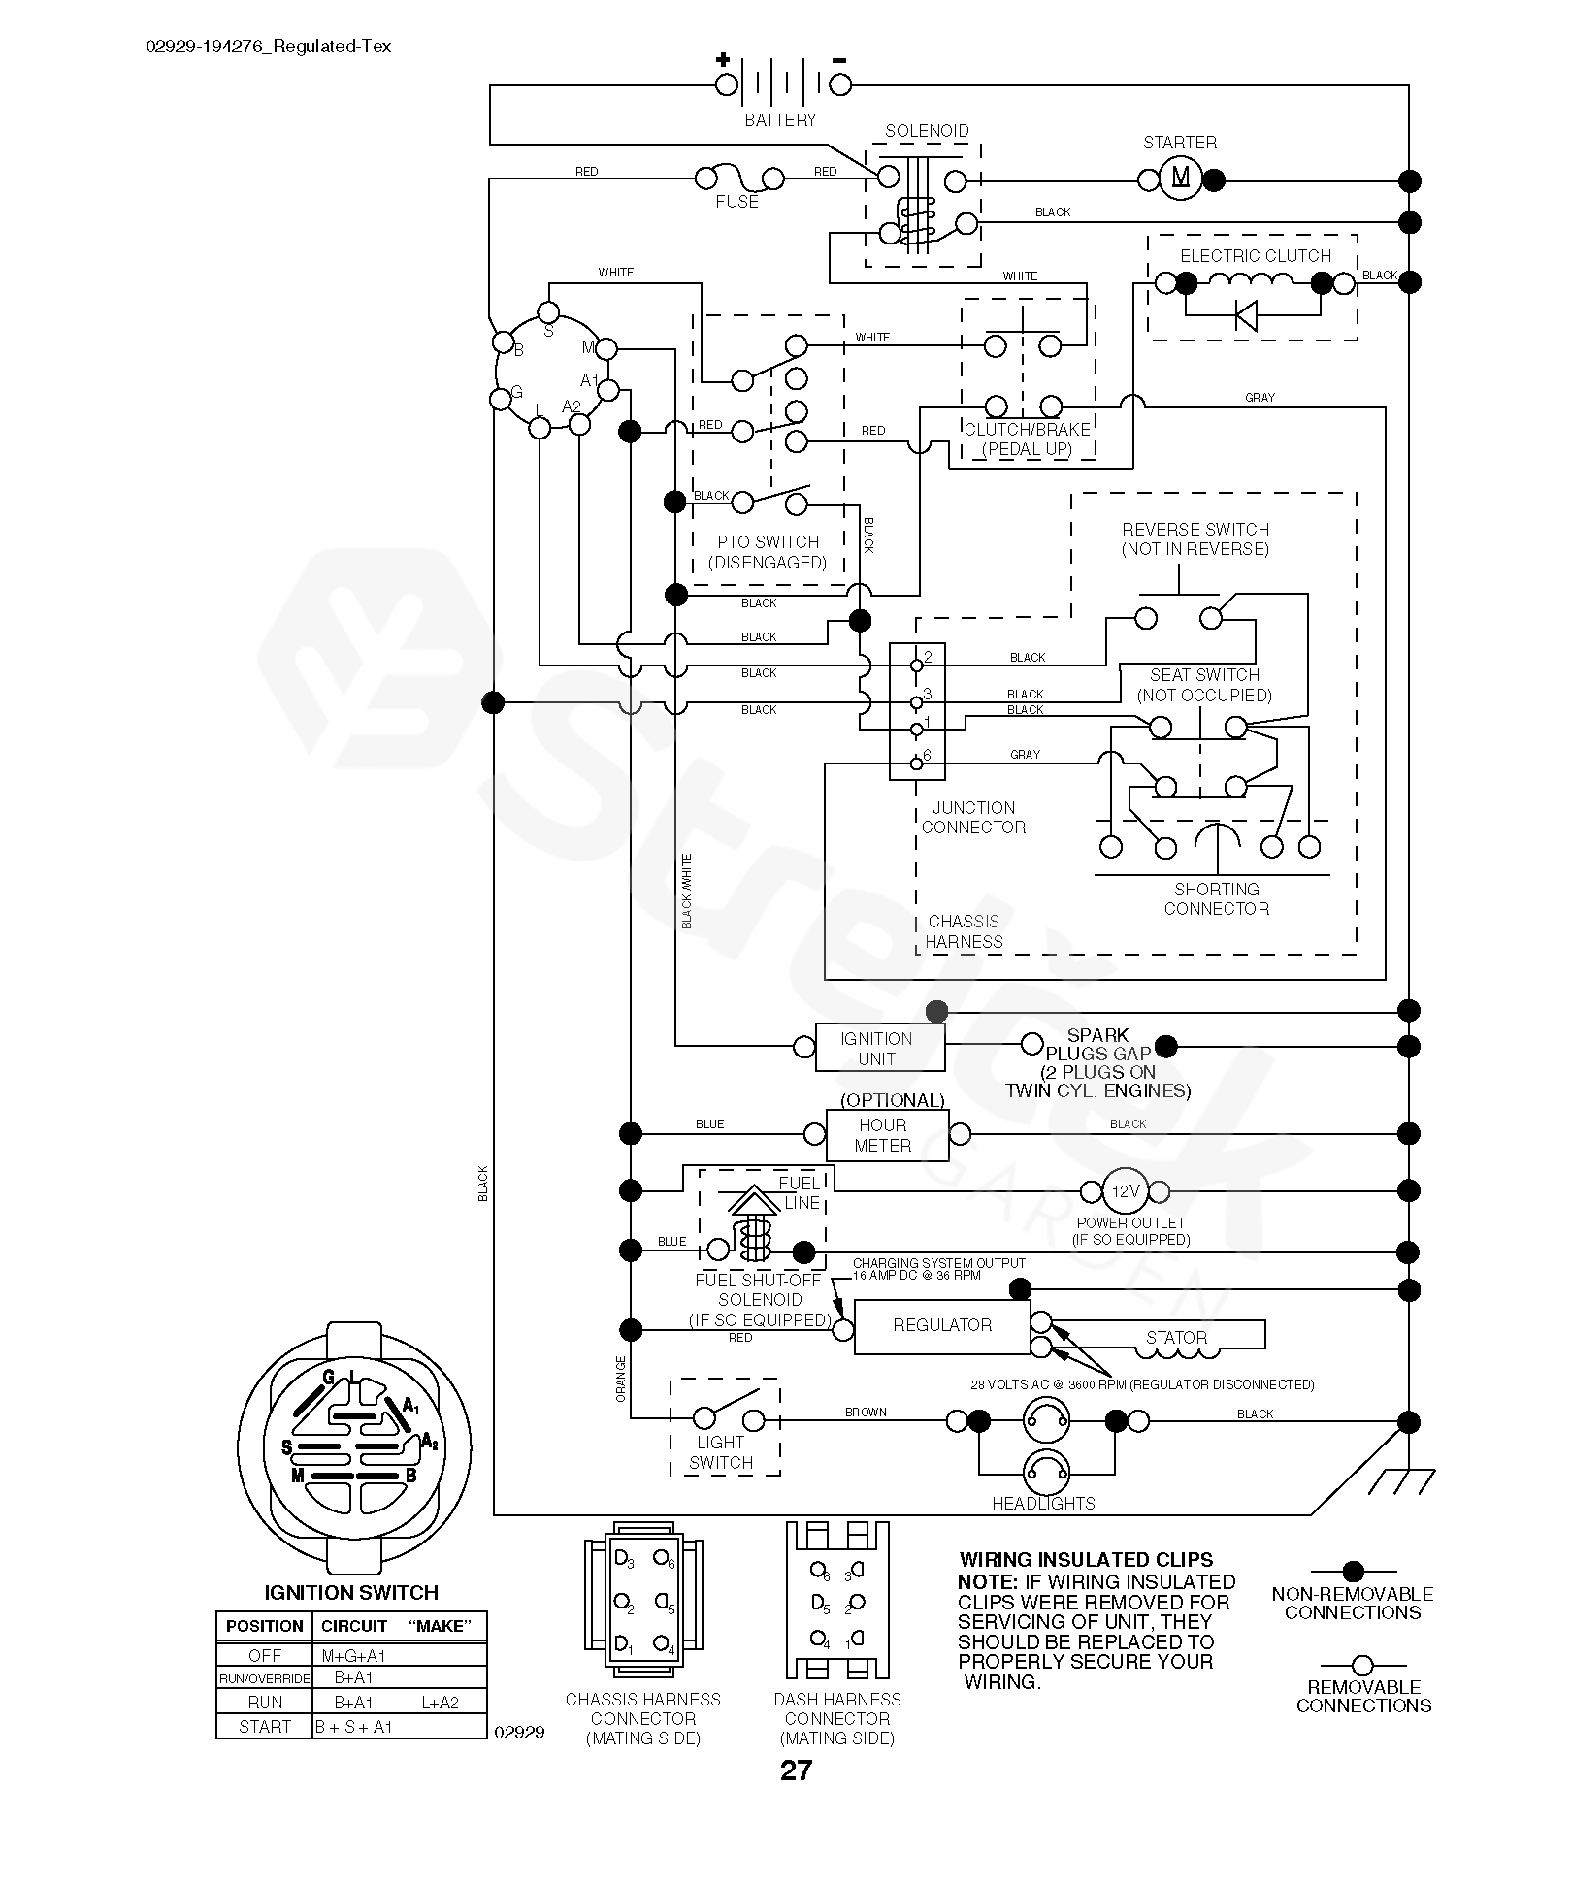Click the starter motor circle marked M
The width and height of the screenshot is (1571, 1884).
[1180, 179]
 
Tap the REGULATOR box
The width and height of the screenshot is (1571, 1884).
[941, 1325]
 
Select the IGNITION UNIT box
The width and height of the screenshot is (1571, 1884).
[878, 1048]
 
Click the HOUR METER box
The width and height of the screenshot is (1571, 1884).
[885, 1135]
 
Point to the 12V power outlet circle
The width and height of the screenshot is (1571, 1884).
[1126, 1190]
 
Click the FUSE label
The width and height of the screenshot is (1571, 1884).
[736, 202]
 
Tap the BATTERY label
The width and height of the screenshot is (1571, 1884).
[780, 120]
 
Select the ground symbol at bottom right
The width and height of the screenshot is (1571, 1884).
[1402, 1479]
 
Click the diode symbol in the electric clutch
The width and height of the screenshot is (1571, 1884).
[1245, 314]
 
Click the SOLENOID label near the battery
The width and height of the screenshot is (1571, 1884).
[927, 131]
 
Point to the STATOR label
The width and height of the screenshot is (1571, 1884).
[1176, 1338]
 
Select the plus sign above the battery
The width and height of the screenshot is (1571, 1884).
[723, 59]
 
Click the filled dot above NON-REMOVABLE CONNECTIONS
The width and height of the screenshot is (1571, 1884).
[1353, 1571]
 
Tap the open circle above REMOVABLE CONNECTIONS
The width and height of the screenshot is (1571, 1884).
[1362, 1665]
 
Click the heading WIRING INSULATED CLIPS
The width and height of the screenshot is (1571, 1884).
[1086, 1559]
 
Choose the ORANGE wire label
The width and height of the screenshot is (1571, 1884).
[621, 1379]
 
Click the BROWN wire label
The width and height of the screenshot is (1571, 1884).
[866, 1412]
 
